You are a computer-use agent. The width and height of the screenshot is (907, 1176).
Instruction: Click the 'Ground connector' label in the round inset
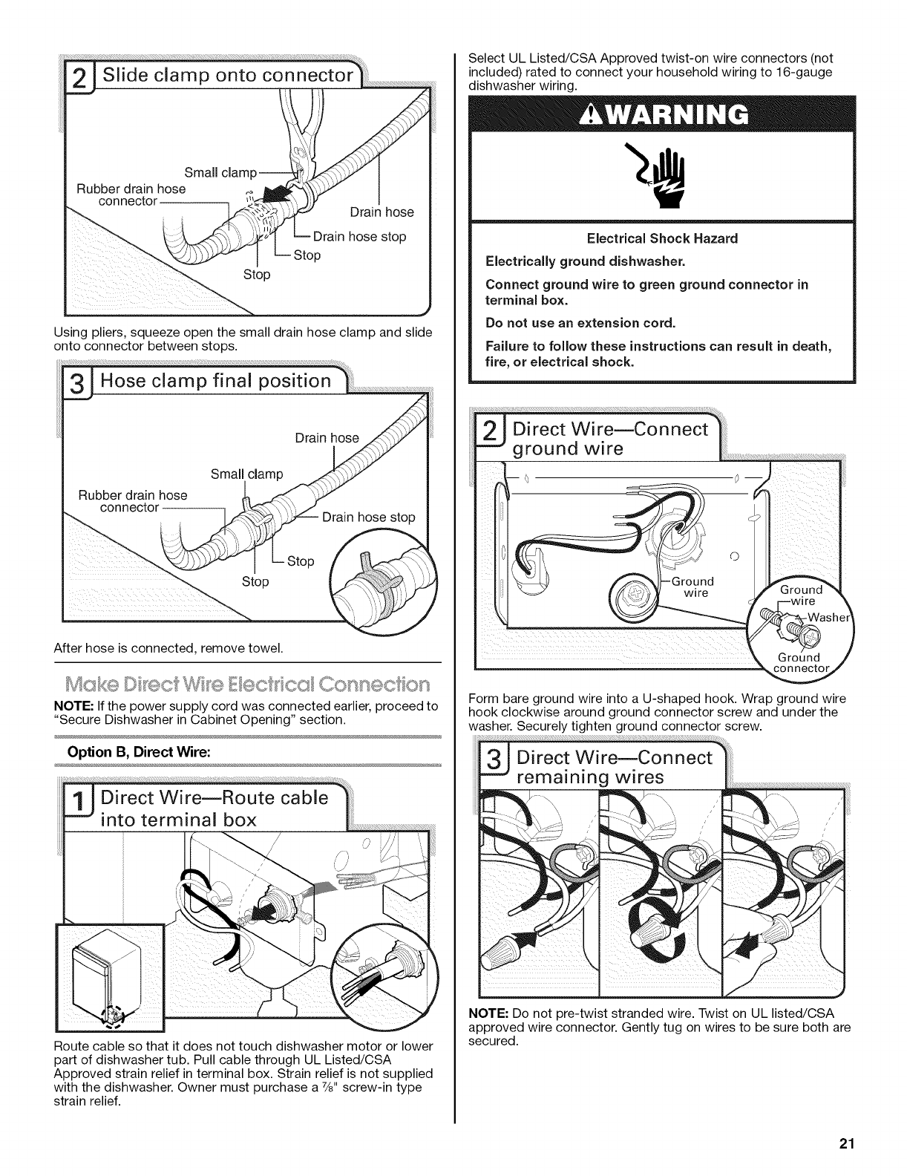pos(797,664)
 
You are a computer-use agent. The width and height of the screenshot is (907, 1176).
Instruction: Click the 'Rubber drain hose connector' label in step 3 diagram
pos(133,502)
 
